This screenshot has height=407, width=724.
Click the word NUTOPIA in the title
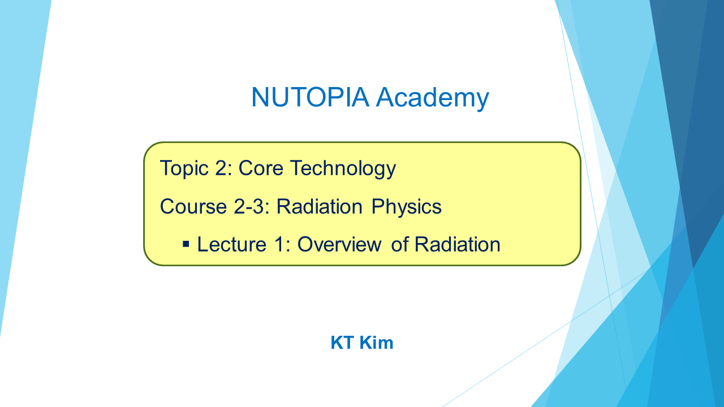pyautogui.click(x=310, y=97)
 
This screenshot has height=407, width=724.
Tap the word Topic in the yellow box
pyautogui.click(x=184, y=168)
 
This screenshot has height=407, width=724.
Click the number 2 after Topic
pyautogui.click(x=221, y=168)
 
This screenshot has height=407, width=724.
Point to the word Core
pyautogui.click(x=261, y=168)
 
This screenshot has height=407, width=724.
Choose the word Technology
pyautogui.click(x=343, y=168)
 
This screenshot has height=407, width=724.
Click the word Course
pyautogui.click(x=193, y=206)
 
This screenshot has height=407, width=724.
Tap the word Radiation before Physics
pyautogui.click(x=320, y=206)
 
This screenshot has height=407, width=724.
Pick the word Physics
pyautogui.click(x=406, y=207)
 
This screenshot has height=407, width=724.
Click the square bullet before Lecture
pyautogui.click(x=186, y=244)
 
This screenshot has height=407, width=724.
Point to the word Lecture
pyautogui.click(x=231, y=244)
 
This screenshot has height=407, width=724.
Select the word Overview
pyautogui.click(x=339, y=244)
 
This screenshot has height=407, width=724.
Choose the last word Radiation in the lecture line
pyautogui.click(x=458, y=244)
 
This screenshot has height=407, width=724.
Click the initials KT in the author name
pyautogui.click(x=342, y=343)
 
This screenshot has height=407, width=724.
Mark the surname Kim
pyautogui.click(x=376, y=343)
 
